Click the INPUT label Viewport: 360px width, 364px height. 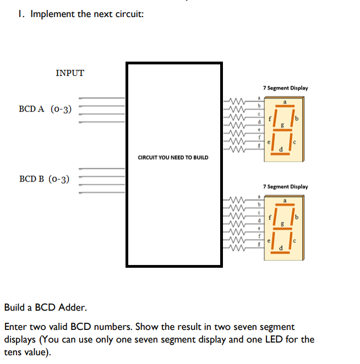(70, 73)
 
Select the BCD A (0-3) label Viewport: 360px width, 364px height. (46, 109)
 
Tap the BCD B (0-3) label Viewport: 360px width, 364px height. (45, 179)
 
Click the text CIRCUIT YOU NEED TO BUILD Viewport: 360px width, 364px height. (173, 158)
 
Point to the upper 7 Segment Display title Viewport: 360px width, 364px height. (285, 87)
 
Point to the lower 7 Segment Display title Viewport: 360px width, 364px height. (285, 186)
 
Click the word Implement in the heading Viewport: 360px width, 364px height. (53, 14)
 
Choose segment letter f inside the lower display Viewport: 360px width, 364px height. (270, 216)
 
